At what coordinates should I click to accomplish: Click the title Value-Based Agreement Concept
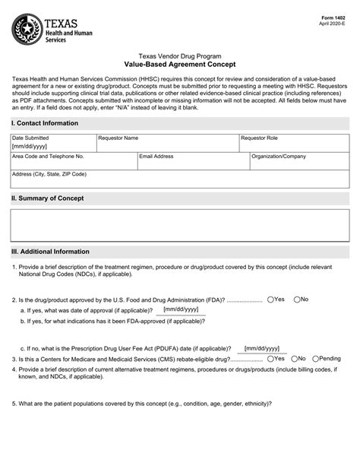tap(180, 65)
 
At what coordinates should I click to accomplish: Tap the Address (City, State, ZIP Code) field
tap(179, 179)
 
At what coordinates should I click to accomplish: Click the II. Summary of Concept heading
tap(47, 198)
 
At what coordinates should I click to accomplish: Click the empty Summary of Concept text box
tap(179, 225)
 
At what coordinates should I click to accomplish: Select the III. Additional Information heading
tap(50, 252)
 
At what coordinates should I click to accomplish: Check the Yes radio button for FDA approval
tap(270, 300)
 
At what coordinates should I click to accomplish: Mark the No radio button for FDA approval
tap(297, 300)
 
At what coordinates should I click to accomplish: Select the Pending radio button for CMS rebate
tap(315, 358)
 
